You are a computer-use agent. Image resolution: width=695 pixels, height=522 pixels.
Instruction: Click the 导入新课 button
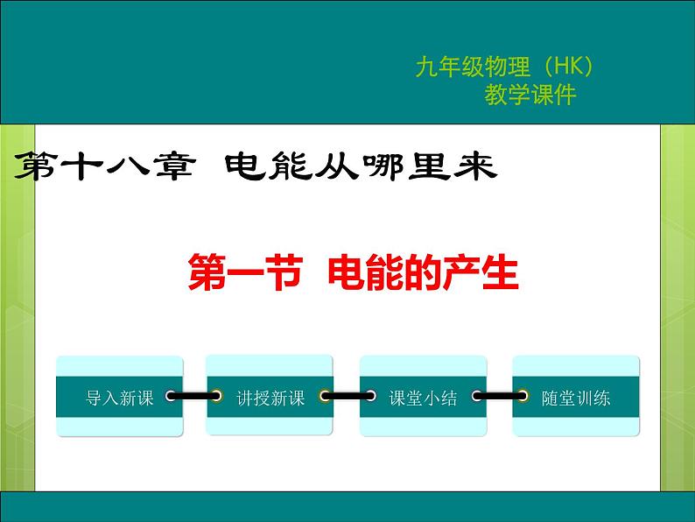click(120, 398)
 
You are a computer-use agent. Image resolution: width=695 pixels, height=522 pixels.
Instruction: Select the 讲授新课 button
click(270, 398)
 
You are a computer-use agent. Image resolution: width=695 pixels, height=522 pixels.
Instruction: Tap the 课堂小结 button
click(423, 398)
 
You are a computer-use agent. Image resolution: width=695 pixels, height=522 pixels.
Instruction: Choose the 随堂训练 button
click(575, 398)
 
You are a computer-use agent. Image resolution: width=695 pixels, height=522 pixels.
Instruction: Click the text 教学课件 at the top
click(530, 95)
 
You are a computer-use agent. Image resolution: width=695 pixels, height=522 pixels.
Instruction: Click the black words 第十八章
click(103, 166)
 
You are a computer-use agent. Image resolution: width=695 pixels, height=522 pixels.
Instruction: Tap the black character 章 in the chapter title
click(171, 166)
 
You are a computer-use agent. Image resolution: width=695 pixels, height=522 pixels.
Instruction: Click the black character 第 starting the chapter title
click(35, 166)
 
